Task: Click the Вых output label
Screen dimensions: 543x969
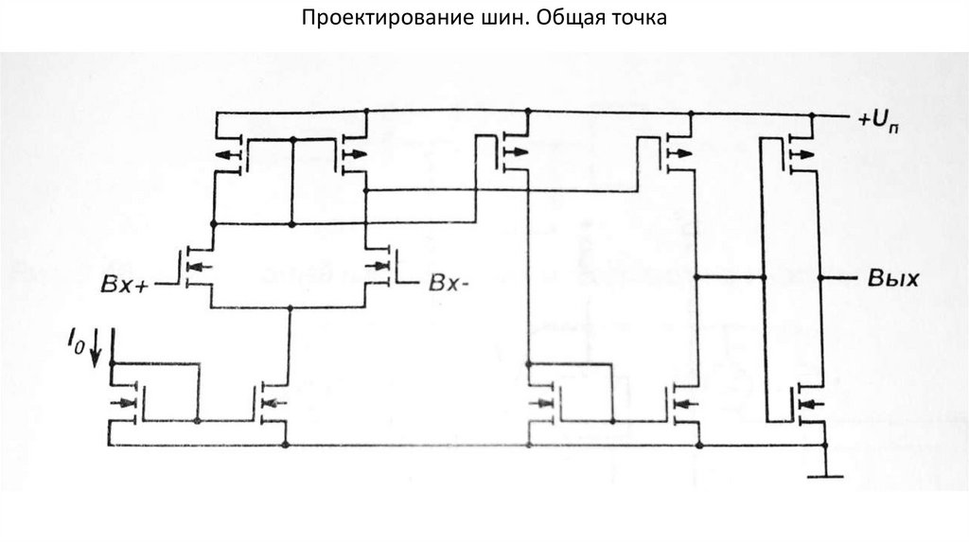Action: coord(890,279)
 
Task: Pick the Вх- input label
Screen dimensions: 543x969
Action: coord(449,283)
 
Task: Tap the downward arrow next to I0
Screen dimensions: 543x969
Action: coord(95,353)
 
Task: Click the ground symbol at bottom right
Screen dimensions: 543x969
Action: coord(824,469)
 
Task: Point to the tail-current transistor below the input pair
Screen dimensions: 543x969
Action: coord(273,403)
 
